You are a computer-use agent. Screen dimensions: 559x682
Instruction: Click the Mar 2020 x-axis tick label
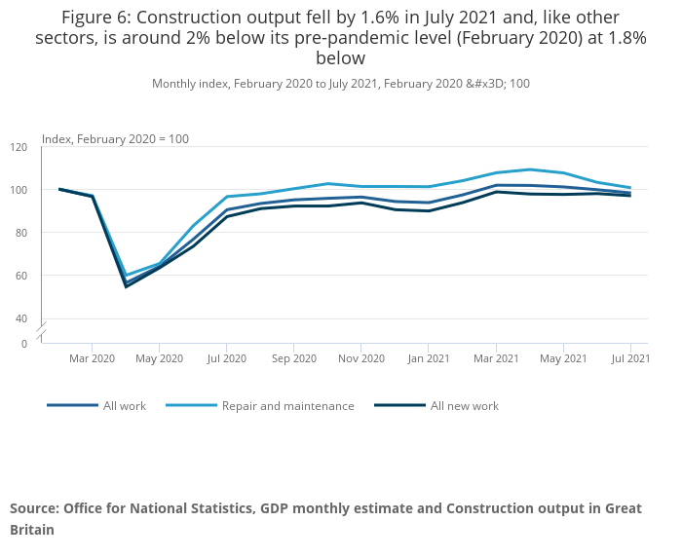click(x=93, y=358)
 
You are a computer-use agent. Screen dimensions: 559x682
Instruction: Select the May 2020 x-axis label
click(x=160, y=358)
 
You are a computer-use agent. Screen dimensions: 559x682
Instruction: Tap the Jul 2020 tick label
click(x=226, y=358)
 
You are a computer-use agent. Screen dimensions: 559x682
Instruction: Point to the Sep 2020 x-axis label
click(x=293, y=358)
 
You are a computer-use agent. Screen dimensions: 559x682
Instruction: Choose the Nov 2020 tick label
click(x=360, y=358)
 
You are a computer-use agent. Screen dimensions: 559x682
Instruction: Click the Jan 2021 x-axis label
click(x=429, y=358)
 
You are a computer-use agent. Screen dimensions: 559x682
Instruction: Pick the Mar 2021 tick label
click(x=496, y=358)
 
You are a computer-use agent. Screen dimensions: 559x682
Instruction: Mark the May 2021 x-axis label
click(x=563, y=358)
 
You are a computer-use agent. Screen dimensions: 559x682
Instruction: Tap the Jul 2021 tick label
click(x=630, y=358)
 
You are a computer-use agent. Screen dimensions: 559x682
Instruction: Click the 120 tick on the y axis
click(x=19, y=147)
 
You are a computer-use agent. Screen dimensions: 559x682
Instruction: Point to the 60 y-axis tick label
click(x=21, y=276)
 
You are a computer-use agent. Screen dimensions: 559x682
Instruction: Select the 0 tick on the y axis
click(x=24, y=344)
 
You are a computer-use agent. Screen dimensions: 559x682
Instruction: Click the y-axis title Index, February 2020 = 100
click(x=115, y=139)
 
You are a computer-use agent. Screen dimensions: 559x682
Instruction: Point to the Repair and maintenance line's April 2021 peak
click(x=530, y=169)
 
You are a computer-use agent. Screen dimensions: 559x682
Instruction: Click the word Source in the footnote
click(x=35, y=509)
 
